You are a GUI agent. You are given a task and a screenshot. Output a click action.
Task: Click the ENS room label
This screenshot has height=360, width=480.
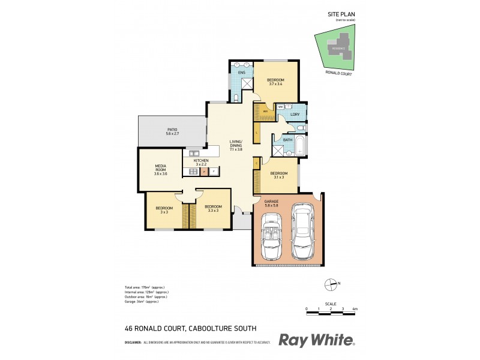(x=242, y=73)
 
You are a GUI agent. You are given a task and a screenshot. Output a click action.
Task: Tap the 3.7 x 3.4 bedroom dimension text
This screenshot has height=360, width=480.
(x=275, y=85)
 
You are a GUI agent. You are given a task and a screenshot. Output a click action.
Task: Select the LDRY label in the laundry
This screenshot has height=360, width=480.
(x=295, y=114)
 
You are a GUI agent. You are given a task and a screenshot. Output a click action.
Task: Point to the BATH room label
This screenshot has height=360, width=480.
(x=287, y=140)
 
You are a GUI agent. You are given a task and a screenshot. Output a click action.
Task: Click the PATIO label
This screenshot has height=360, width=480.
(x=172, y=130)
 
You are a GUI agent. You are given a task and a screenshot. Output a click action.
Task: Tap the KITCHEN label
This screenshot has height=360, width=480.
(x=200, y=161)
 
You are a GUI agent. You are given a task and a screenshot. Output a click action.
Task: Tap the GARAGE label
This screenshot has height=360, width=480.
(x=272, y=202)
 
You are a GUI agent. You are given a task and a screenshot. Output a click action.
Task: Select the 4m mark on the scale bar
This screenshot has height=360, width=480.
(x=355, y=309)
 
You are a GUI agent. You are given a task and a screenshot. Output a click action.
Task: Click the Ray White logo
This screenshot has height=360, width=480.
(x=317, y=340)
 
